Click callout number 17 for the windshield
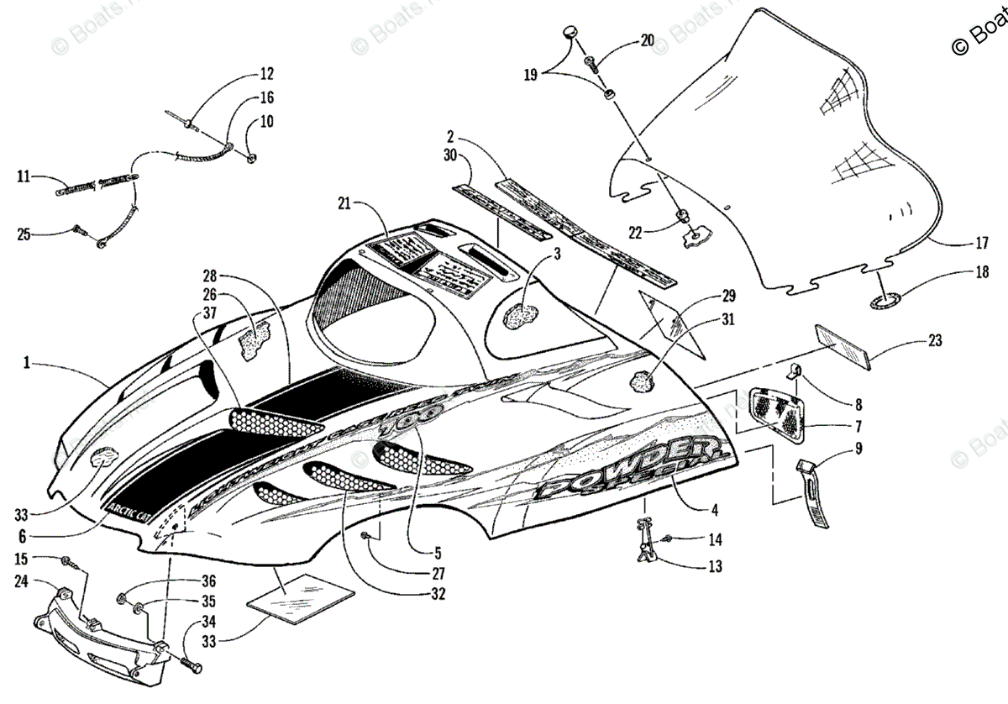(981, 246)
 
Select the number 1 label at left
(27, 362)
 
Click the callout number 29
(727, 296)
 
